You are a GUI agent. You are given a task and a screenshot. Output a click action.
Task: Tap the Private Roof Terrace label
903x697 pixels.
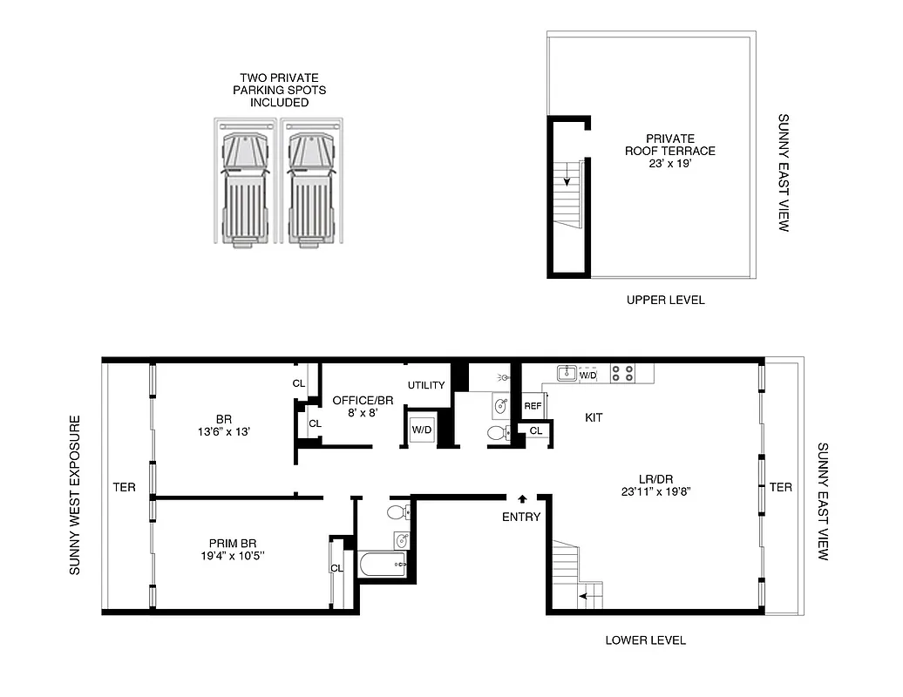[669, 151]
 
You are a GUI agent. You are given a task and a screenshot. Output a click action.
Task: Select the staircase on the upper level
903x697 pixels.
[568, 193]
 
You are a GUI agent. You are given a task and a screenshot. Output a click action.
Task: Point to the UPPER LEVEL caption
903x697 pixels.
[665, 301]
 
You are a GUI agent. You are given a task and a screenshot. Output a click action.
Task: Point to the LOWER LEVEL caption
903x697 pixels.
[645, 640]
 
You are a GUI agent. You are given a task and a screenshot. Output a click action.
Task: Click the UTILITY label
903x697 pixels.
[426, 385]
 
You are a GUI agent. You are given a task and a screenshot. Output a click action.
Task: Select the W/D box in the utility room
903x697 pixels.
[422, 430]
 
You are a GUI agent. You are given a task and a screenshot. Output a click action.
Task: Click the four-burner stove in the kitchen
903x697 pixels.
[622, 373]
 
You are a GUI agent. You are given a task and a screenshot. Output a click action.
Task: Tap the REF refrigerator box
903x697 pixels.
[533, 406]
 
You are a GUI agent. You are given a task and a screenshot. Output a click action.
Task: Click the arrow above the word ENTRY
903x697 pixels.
[522, 499]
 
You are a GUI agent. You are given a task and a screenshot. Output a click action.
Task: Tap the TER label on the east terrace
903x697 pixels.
[781, 487]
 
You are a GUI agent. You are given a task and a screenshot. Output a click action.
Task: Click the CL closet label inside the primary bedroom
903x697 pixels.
[337, 568]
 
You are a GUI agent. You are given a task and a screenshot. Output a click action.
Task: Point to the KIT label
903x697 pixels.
[594, 418]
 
